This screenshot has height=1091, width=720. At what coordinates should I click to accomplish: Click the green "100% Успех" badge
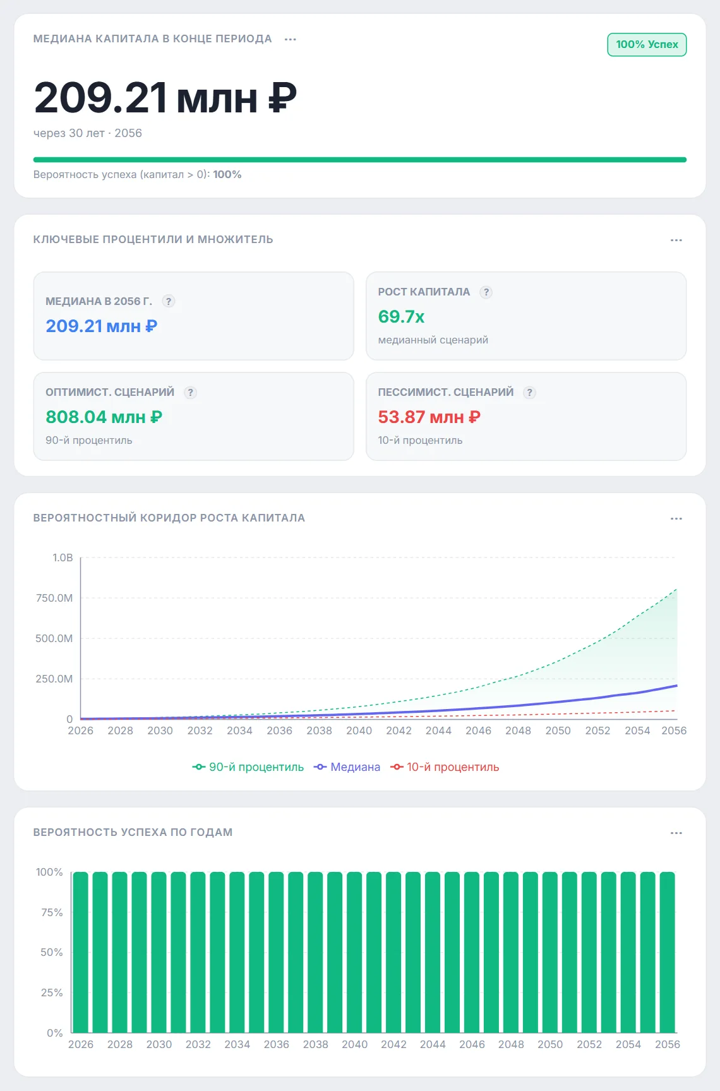pos(647,45)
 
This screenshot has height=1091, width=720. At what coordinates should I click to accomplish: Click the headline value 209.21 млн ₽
pos(165,98)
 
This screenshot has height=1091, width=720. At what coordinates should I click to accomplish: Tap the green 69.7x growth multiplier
pos(401,316)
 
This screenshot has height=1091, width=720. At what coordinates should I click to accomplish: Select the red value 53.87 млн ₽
pos(429,417)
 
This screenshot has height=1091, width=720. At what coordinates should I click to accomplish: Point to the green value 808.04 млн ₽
pos(104,417)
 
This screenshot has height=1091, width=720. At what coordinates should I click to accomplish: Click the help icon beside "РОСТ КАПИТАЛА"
pos(486,292)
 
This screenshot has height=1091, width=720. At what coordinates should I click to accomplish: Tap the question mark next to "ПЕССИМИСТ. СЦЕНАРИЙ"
pos(530,392)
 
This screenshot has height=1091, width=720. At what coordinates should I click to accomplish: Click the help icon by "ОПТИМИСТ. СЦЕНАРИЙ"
pos(190,392)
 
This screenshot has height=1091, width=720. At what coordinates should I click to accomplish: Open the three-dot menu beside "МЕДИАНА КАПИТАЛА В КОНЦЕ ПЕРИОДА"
pos(291,39)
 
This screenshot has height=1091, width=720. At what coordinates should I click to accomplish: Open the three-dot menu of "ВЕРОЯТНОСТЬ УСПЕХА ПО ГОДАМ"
pos(676,833)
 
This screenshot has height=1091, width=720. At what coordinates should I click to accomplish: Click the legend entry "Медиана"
pos(347,767)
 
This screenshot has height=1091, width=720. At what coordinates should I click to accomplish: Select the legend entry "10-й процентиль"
pos(445,767)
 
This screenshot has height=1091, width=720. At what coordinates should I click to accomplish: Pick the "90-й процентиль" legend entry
pos(248,767)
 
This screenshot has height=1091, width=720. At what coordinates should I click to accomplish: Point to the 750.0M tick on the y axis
pos(54,598)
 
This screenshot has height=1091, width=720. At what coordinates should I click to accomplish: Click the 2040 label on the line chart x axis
pos(359,730)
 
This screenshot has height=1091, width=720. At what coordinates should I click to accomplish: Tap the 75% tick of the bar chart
pos(52,912)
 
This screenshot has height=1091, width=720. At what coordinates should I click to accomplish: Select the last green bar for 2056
pos(667,952)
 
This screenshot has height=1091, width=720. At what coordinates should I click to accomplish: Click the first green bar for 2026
pos(81,952)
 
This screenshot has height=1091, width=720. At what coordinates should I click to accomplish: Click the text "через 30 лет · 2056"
pos(88,133)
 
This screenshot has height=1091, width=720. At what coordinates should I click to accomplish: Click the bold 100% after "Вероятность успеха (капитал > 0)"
pos(227,174)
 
